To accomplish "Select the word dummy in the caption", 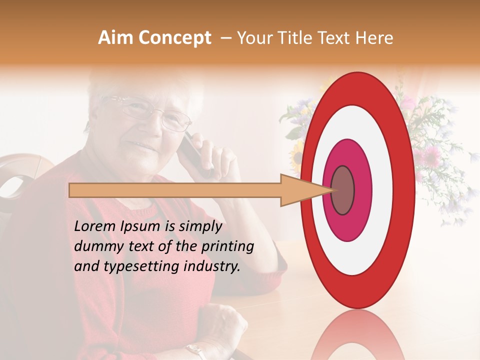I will (95, 246).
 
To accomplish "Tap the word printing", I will (227, 246).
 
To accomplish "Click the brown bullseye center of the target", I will (342, 190).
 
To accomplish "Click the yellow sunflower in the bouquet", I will (298, 152).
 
